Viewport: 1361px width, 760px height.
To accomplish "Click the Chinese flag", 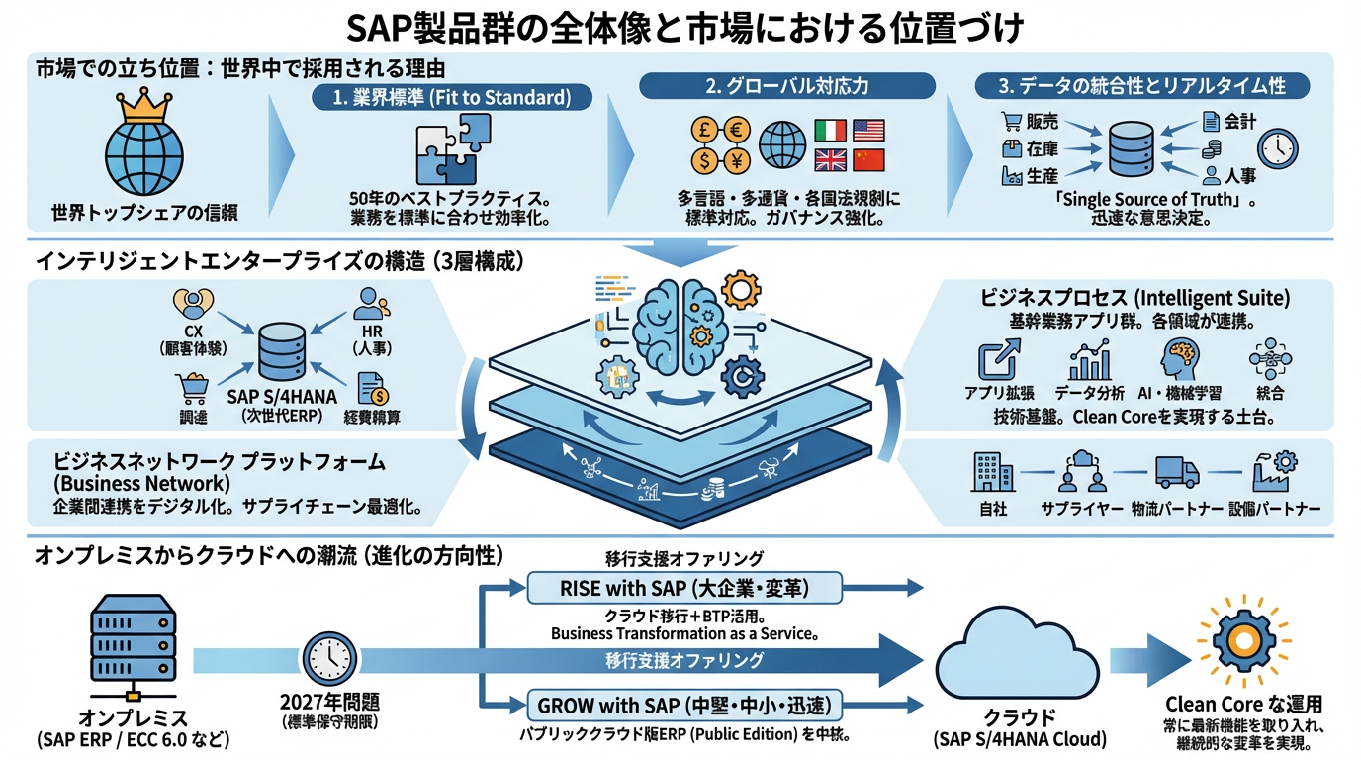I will point(867,160).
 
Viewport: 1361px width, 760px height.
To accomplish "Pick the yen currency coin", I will point(737,159).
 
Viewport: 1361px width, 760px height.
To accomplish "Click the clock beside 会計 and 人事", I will point(1277,147).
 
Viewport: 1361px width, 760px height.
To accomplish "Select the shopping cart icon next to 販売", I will point(1011,122).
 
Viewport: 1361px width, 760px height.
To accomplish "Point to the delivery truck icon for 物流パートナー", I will point(1177,471).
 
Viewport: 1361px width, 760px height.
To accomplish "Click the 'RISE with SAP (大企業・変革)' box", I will point(684,589).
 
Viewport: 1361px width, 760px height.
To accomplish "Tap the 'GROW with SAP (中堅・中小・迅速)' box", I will point(684,706).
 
